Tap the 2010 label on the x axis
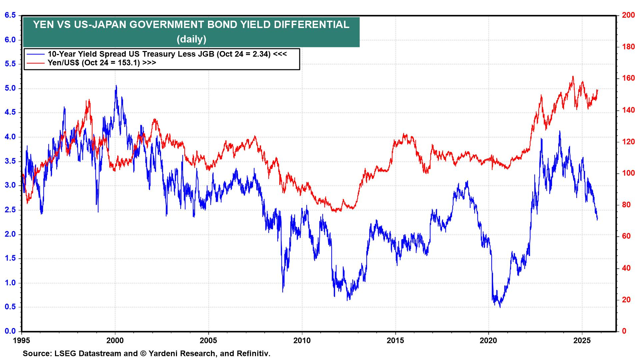pos(302,341)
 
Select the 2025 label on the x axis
pos(582,341)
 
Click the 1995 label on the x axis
pos(22,341)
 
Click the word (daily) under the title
pos(191,39)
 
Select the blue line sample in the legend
pos(36,54)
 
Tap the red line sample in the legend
pos(36,63)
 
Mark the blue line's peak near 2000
pos(116,86)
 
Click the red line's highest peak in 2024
pos(573,77)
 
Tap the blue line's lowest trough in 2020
pos(500,307)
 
